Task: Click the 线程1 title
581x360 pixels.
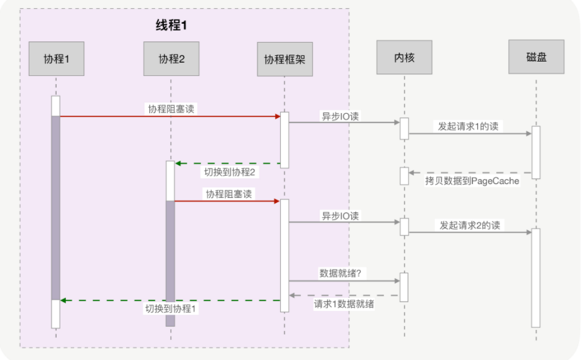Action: [171, 26]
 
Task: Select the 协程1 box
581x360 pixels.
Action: [57, 59]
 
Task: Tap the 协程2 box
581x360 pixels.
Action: [171, 59]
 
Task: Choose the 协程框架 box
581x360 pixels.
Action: [285, 59]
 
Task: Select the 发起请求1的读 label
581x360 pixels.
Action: [469, 126]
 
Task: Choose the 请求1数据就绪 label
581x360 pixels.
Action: [344, 304]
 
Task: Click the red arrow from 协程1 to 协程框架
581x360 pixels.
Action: [170, 116]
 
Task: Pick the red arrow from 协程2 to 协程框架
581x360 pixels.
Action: [226, 201]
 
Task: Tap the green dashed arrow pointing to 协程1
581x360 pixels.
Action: [170, 300]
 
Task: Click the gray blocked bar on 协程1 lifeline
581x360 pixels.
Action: [56, 207]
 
